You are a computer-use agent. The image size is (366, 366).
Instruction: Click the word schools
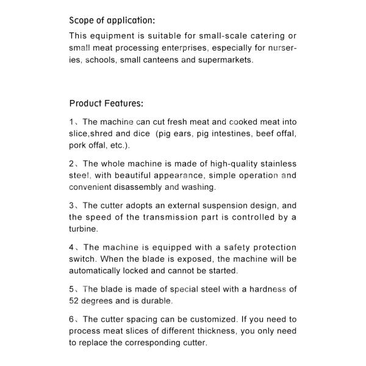click(101, 60)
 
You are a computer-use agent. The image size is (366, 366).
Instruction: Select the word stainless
click(276, 163)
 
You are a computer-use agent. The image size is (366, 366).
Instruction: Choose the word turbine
click(83, 229)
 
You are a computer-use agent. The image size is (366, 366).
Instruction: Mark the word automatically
click(99, 271)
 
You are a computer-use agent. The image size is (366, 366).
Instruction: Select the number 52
click(74, 301)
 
